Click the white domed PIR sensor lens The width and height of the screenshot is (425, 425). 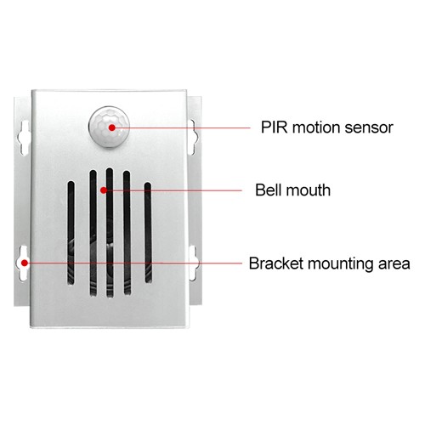(x=109, y=127)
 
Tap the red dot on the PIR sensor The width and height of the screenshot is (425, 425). (x=112, y=127)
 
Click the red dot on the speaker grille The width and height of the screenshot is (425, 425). (x=104, y=190)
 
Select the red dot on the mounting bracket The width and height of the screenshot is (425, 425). (x=25, y=263)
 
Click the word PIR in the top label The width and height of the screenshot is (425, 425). (x=274, y=127)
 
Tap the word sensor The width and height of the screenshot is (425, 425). (x=369, y=128)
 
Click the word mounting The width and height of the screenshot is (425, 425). (x=340, y=264)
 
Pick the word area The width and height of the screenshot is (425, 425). (x=394, y=264)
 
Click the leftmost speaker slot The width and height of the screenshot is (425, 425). (x=71, y=233)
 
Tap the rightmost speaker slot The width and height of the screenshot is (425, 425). (x=148, y=233)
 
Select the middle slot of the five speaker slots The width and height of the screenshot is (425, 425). (x=110, y=233)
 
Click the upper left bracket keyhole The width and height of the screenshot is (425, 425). (x=25, y=138)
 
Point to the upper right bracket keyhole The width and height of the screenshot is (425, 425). (x=194, y=137)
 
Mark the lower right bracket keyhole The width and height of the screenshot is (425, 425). (x=195, y=263)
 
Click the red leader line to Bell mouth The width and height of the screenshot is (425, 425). (x=173, y=190)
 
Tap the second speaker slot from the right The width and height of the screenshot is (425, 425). (x=127, y=233)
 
